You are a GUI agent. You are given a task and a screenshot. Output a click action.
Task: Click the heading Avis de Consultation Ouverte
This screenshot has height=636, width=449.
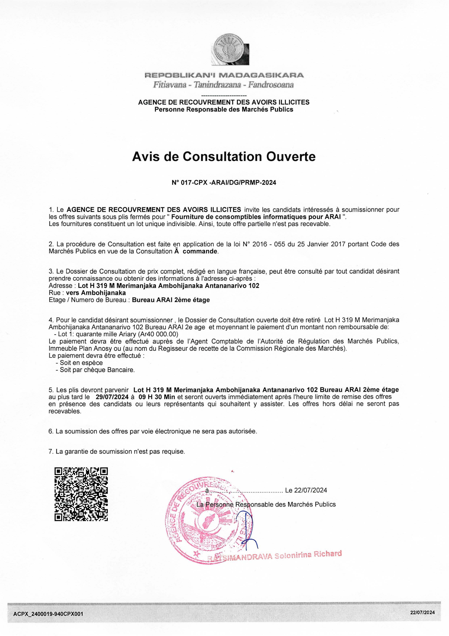pyautogui.click(x=224, y=157)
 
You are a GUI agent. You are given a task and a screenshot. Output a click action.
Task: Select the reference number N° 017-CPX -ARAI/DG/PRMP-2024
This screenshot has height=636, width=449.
pyautogui.click(x=224, y=183)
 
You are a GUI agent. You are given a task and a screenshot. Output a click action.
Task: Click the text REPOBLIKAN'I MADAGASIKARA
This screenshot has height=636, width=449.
pyautogui.click(x=224, y=75)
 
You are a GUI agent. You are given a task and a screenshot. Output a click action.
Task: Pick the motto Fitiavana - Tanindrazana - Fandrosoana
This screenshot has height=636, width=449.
pyautogui.click(x=224, y=85)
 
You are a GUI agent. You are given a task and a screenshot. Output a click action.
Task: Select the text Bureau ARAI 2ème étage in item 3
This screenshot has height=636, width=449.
pyautogui.click(x=171, y=300)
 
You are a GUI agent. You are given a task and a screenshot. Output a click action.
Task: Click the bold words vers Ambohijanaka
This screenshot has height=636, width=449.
pyautogui.click(x=96, y=293)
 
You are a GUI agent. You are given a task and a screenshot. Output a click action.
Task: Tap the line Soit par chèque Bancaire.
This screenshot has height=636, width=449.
pyautogui.click(x=97, y=370)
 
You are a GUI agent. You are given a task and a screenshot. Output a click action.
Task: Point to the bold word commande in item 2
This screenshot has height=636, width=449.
pyautogui.click(x=200, y=251)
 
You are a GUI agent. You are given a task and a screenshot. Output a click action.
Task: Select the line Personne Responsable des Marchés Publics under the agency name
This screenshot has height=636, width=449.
pyautogui.click(x=224, y=110)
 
